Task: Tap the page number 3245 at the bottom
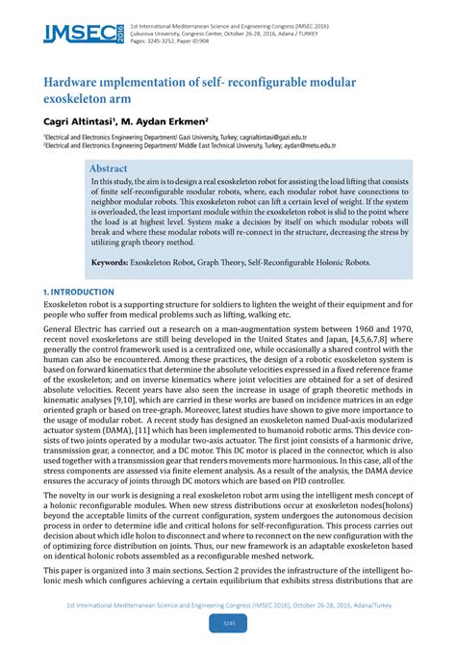point(228,624)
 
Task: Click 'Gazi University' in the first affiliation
point(192,139)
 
